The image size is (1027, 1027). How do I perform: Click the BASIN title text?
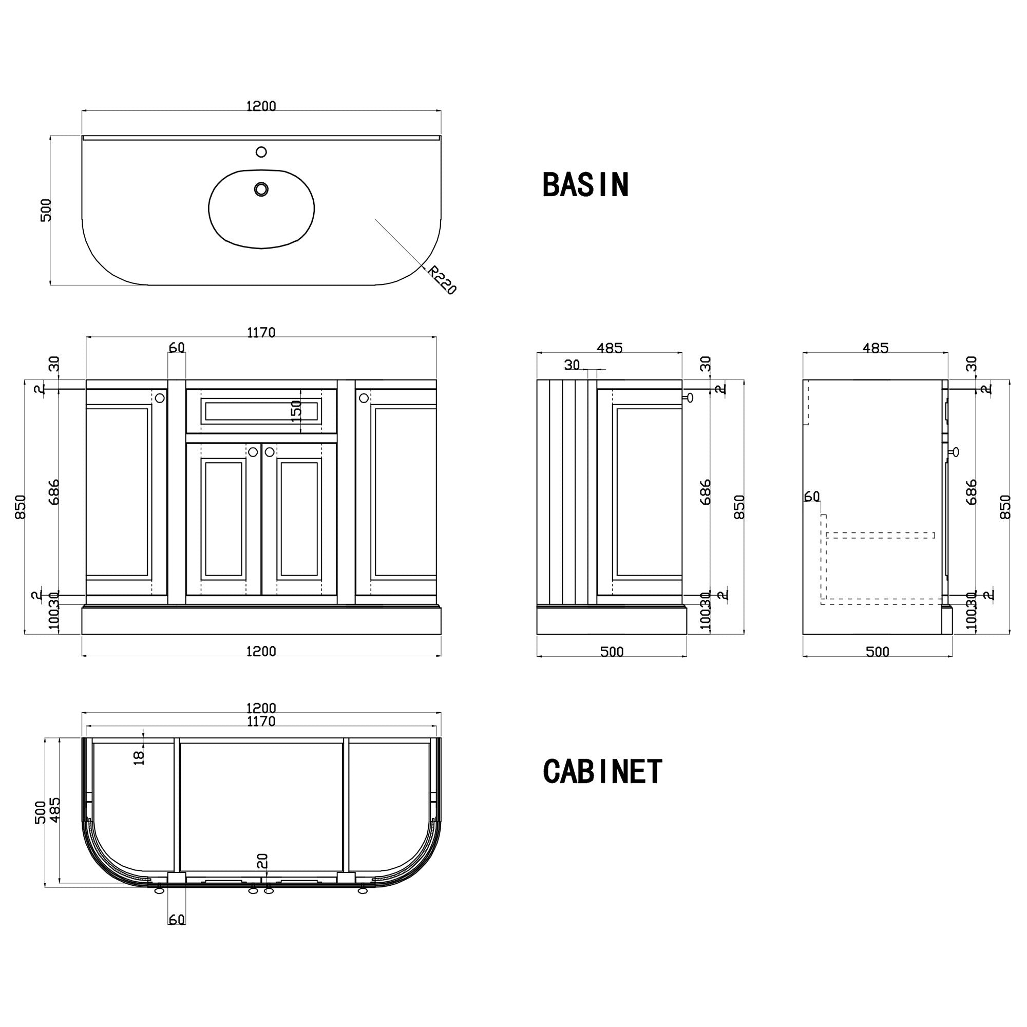click(585, 184)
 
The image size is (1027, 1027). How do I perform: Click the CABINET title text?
click(602, 771)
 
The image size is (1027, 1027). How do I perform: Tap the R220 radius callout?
click(442, 280)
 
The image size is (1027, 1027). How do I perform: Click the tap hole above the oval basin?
click(261, 152)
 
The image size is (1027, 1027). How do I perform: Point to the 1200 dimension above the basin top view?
click(261, 106)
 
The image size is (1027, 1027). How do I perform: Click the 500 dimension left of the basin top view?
click(46, 210)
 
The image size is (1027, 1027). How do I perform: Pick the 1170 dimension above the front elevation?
click(261, 332)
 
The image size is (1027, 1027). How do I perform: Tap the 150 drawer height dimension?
click(296, 410)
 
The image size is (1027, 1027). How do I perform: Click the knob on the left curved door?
click(160, 397)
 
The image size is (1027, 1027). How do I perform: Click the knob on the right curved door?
click(364, 397)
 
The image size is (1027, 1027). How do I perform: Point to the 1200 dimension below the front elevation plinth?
click(261, 651)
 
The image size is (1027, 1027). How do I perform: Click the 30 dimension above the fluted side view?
click(572, 365)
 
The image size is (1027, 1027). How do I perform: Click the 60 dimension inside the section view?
click(812, 496)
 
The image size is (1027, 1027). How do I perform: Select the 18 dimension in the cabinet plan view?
click(139, 757)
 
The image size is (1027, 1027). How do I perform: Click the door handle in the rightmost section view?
click(955, 452)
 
